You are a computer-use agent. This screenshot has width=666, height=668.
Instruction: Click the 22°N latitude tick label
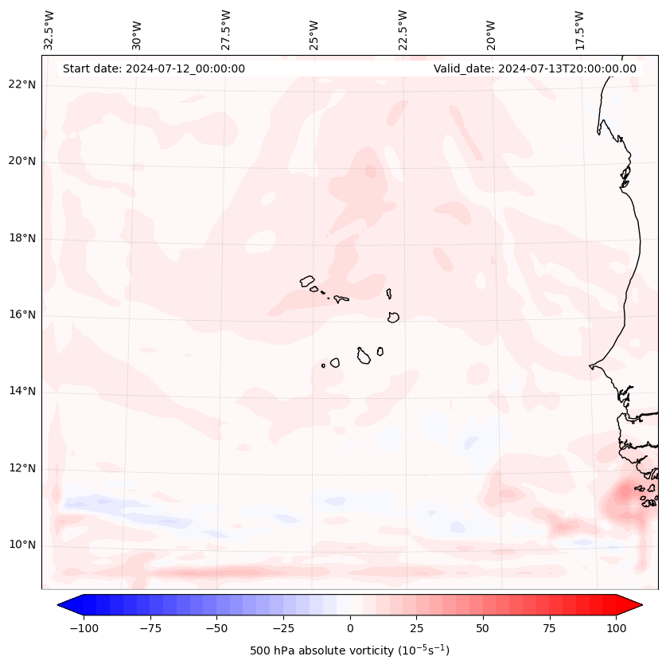pos(21,84)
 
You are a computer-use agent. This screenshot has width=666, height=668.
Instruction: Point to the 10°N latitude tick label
pos(21,545)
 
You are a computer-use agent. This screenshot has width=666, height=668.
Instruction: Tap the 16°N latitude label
pos(21,314)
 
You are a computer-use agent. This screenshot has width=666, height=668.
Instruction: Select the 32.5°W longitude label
pos(49,30)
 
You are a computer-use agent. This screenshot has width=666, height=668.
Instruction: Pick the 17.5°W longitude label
pos(580,30)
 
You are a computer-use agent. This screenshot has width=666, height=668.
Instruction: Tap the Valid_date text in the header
pos(535,68)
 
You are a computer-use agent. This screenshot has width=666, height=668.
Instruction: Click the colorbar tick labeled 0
pos(350,628)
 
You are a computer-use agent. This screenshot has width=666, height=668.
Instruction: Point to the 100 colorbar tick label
pos(617,628)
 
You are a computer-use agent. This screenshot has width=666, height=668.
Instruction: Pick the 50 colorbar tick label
pos(483,628)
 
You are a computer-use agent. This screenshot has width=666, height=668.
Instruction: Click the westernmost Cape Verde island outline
pos(307,281)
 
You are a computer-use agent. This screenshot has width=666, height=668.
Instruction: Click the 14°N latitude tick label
pos(21,391)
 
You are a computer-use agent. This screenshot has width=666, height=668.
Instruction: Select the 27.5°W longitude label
pos(226,30)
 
